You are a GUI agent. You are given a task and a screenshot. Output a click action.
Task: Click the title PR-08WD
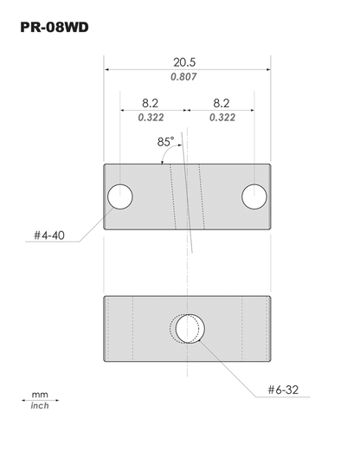coord(54,29)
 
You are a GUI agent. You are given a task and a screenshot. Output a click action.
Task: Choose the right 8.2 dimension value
coord(220,102)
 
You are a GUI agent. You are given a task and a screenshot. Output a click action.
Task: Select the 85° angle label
coord(165,139)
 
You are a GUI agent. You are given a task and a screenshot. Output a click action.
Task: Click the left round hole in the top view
coord(119,196)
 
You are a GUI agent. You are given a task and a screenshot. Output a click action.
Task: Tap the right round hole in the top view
coord(254,196)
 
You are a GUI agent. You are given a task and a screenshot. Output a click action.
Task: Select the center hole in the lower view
coord(189,328)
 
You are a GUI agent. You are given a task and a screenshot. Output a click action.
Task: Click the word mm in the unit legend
coord(40,393)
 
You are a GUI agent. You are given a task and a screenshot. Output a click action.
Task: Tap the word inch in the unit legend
coord(40,406)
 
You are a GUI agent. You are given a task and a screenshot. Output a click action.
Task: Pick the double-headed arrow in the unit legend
coord(40,400)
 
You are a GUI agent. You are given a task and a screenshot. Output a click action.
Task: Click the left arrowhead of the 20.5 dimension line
coord(107,70)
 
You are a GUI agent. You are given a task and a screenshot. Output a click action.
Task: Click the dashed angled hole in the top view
coord(185,196)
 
